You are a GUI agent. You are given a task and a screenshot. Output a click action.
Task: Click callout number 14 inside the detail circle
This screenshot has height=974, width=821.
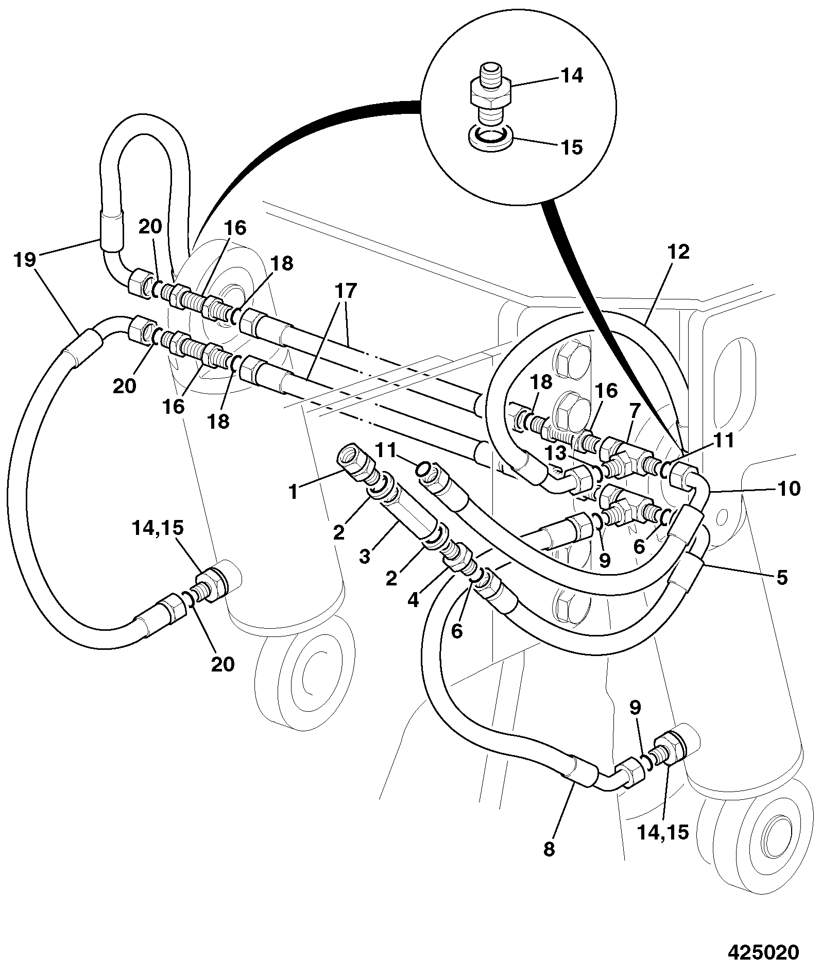(571, 76)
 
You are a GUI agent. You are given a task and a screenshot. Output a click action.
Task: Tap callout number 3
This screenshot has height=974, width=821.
(365, 557)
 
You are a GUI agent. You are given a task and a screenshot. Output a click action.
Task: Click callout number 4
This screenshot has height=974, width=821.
(413, 601)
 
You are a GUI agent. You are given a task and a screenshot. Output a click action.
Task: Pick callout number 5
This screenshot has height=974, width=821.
(782, 578)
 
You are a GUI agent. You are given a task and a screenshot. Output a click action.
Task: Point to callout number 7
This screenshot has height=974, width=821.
(634, 411)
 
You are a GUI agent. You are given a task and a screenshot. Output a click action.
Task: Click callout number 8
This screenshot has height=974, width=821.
(549, 849)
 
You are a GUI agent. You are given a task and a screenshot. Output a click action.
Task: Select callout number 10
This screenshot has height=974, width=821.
(789, 488)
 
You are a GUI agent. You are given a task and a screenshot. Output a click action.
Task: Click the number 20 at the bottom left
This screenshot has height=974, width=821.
(223, 664)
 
